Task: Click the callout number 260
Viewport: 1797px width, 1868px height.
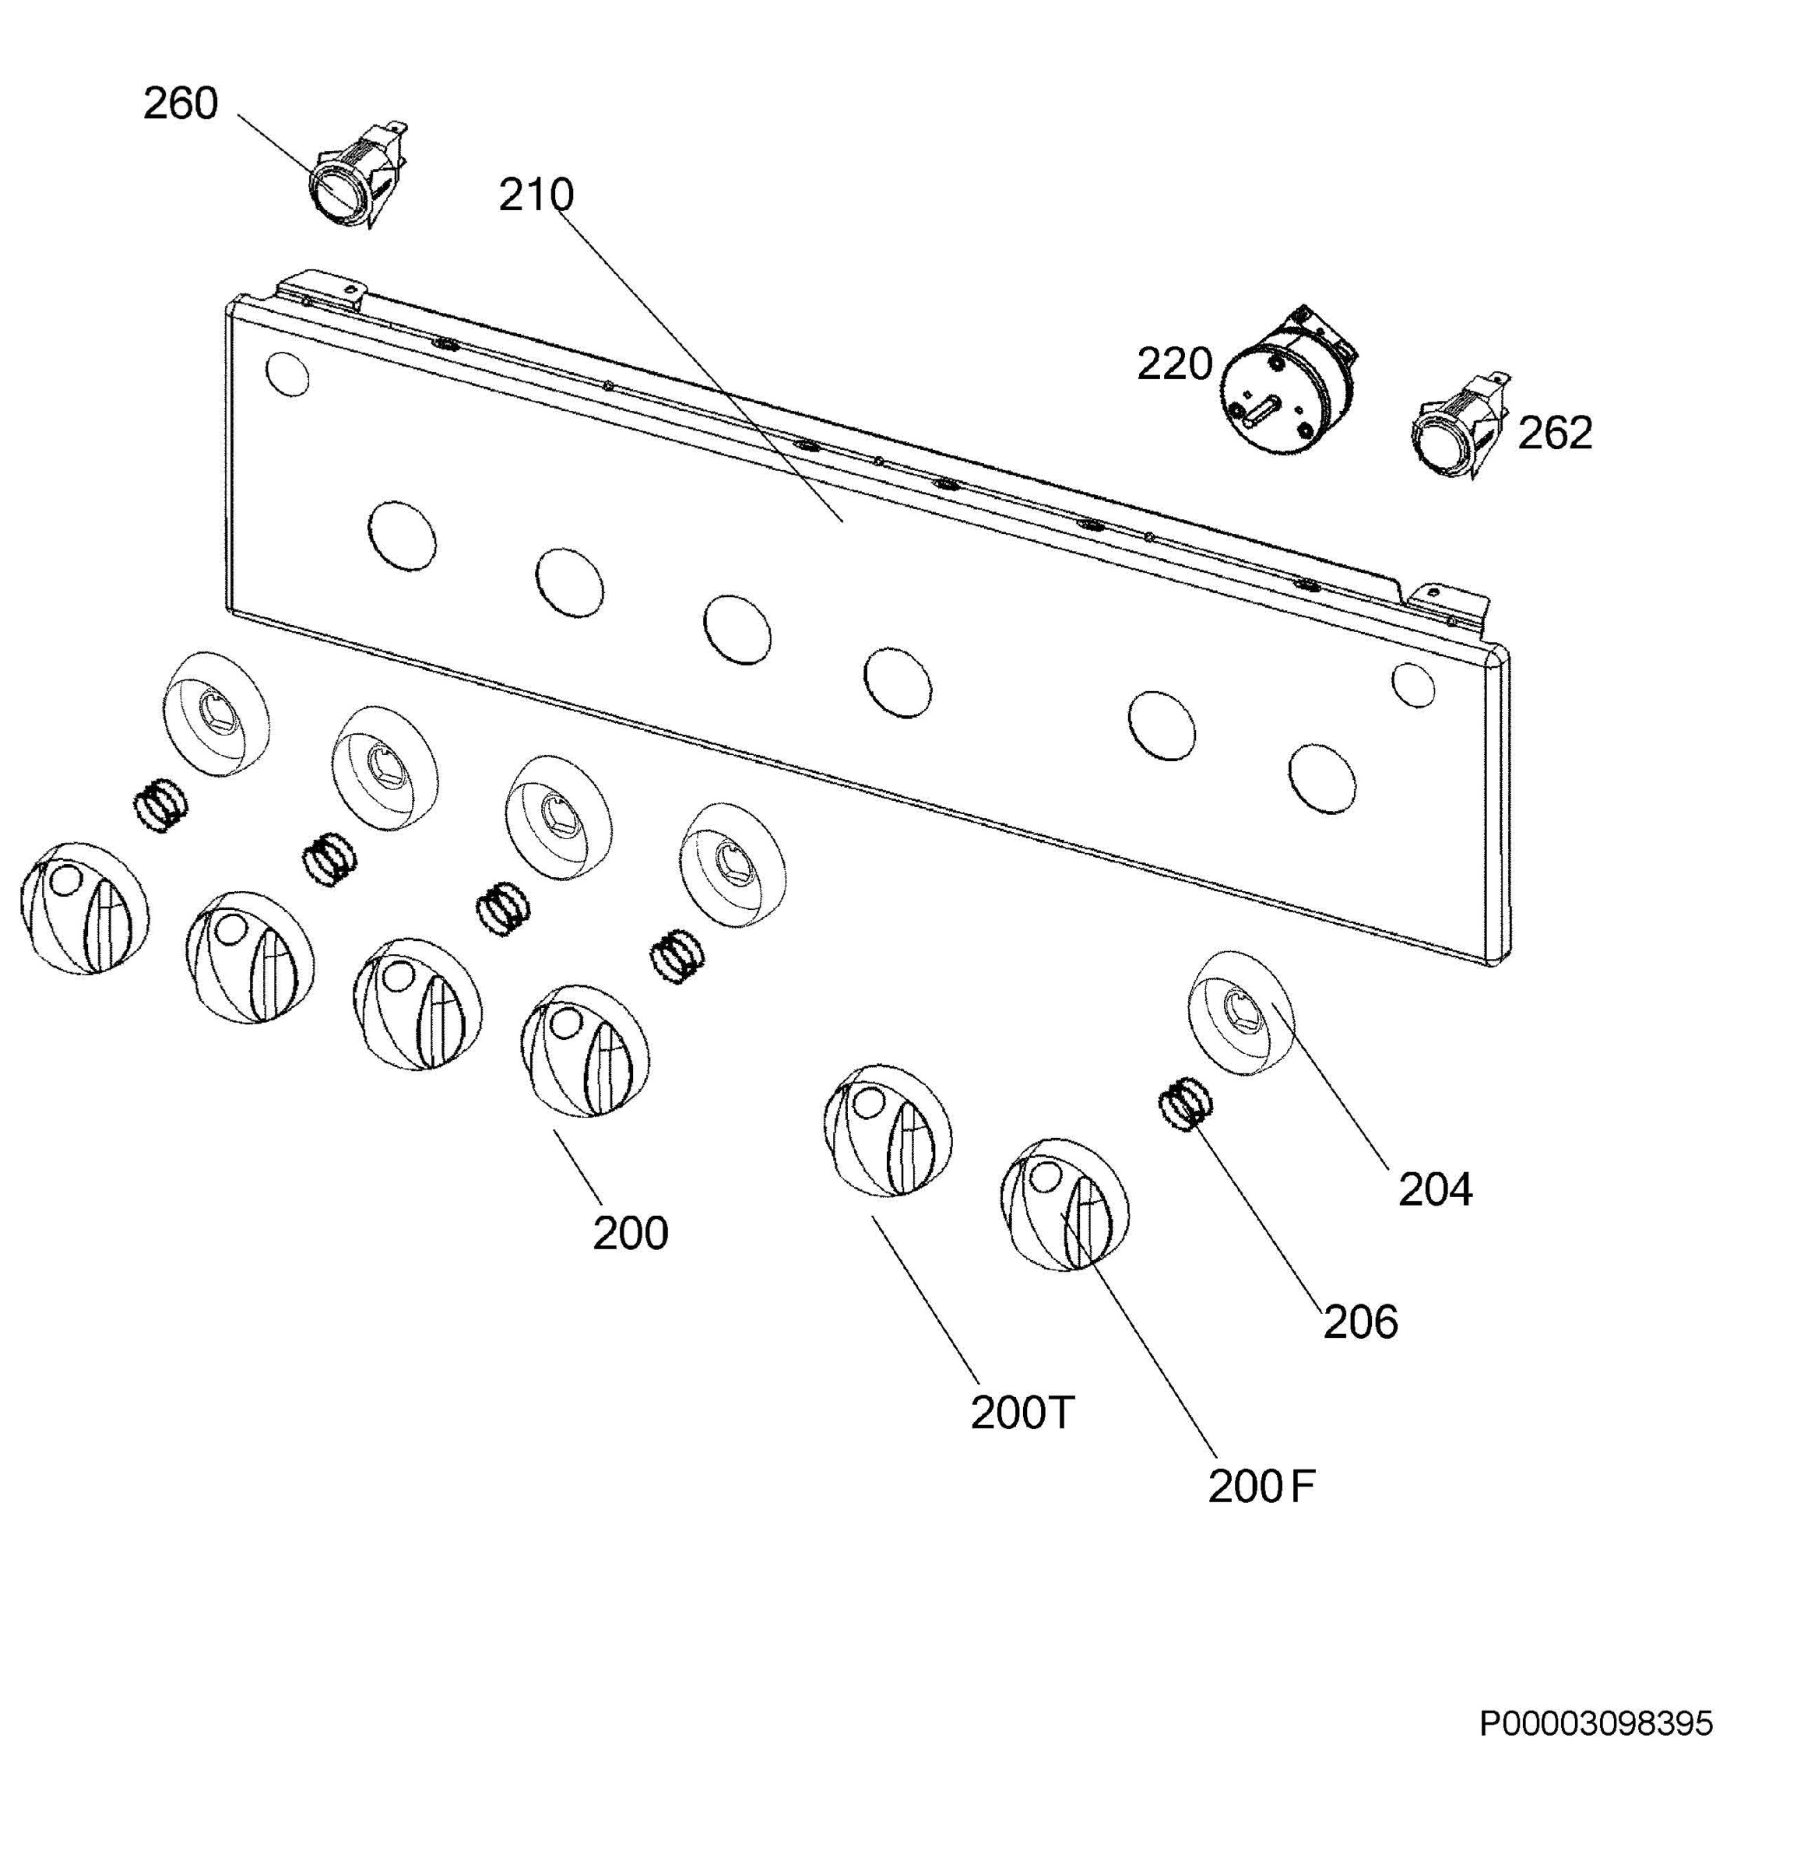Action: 180,103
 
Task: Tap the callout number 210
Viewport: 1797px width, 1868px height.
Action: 536,195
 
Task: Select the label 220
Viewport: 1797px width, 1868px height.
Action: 1173,364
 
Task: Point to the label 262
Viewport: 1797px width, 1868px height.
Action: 1554,433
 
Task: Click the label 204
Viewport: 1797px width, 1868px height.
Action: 1435,1189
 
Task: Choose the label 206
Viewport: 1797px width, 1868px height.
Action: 1359,1322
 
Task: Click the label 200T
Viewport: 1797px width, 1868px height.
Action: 1022,1413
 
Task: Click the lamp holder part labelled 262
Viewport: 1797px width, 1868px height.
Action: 1458,425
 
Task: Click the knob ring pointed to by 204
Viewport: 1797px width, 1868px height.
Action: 1240,1013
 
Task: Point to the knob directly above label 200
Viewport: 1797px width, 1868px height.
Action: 586,1052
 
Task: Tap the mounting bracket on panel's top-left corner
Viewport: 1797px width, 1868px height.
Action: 319,289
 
